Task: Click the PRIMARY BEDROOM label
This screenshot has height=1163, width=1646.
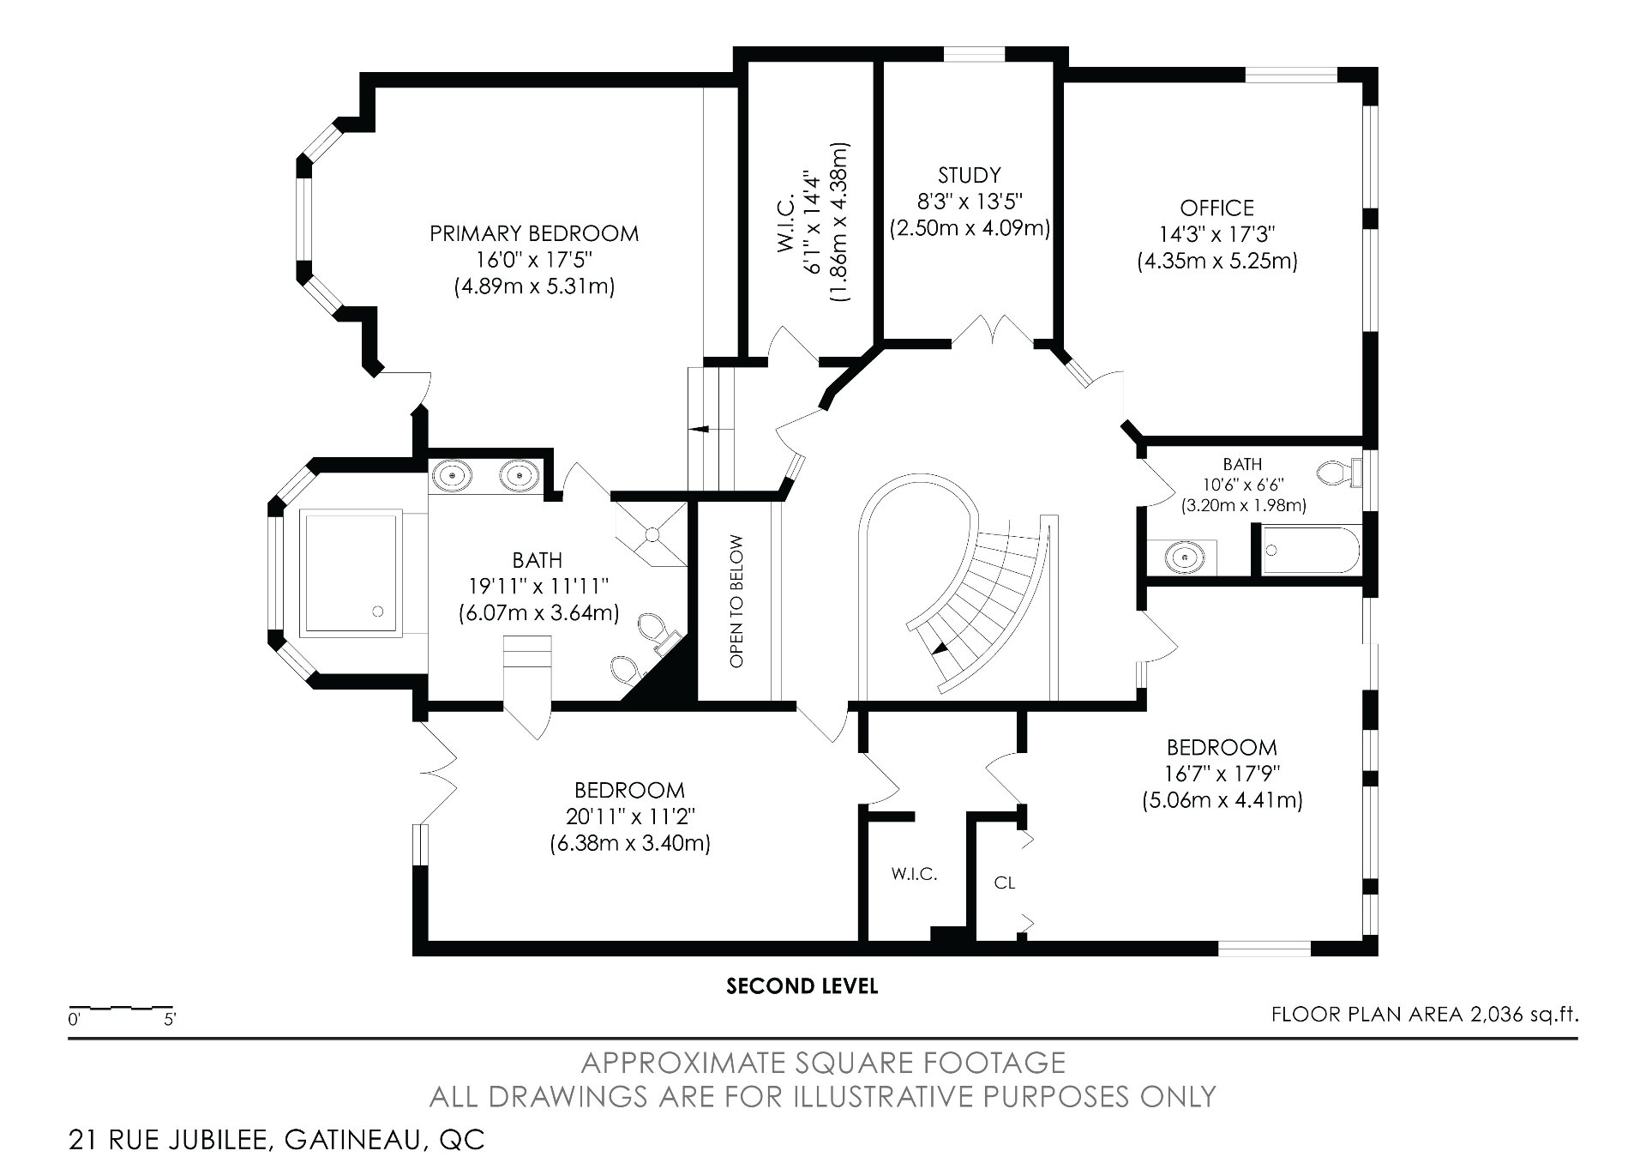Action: click(x=534, y=233)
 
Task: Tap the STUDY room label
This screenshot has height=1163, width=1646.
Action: click(x=969, y=175)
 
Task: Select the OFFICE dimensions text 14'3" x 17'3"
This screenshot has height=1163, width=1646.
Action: click(x=1216, y=234)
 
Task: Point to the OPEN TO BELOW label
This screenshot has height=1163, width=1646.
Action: click(x=736, y=600)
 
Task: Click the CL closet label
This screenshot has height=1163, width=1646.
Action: click(x=1005, y=882)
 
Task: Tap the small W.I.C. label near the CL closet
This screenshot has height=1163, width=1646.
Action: click(x=914, y=874)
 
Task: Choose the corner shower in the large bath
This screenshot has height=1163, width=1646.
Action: click(x=652, y=533)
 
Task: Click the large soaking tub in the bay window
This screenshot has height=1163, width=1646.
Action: click(x=351, y=571)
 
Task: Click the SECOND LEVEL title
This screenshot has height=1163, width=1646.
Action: click(x=802, y=986)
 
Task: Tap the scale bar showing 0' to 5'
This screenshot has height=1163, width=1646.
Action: click(x=122, y=1009)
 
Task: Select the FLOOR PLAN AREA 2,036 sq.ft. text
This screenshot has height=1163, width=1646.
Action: click(x=1424, y=1015)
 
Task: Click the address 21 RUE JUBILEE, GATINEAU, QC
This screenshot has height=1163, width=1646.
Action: click(x=276, y=1140)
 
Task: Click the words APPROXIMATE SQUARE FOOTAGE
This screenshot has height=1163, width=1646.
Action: click(x=822, y=1063)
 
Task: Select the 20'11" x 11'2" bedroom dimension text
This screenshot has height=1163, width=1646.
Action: click(x=629, y=817)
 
